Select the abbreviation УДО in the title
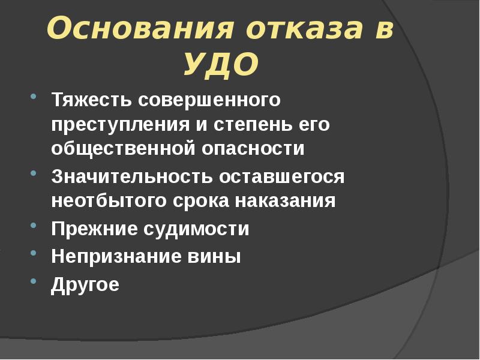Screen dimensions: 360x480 click(220, 64)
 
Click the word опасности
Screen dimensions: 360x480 click(252, 149)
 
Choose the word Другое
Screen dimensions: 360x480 click(85, 284)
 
